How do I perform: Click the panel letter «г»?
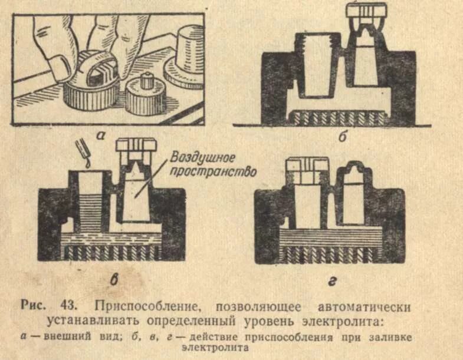coord(332,282)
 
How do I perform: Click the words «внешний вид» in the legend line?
coord(68,337)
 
